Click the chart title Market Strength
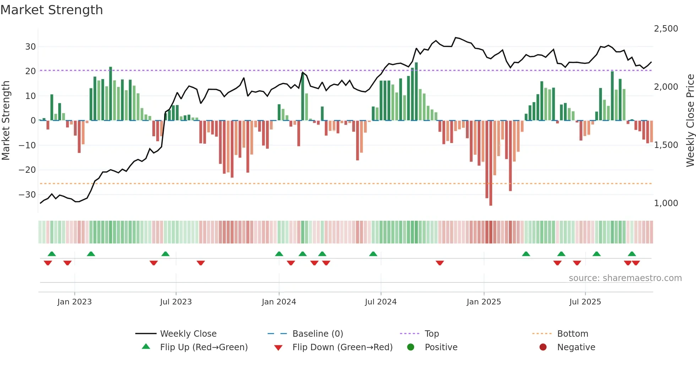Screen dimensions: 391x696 point(51,10)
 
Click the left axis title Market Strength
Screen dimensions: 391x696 point(6,121)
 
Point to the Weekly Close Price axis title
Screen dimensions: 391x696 point(690,121)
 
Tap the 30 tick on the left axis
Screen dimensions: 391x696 point(30,47)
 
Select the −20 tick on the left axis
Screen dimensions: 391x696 point(27,170)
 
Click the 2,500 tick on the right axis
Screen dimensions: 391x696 point(666,29)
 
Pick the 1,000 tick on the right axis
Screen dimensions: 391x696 point(666,203)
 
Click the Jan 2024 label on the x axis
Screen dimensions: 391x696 point(279,302)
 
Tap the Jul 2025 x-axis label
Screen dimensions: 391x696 point(585,302)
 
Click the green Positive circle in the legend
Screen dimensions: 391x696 point(410,347)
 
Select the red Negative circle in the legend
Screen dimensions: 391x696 point(543,347)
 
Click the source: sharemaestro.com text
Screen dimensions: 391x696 point(625,278)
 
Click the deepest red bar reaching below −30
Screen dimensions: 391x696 point(490,163)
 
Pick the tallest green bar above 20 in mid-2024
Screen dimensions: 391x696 point(416,92)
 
